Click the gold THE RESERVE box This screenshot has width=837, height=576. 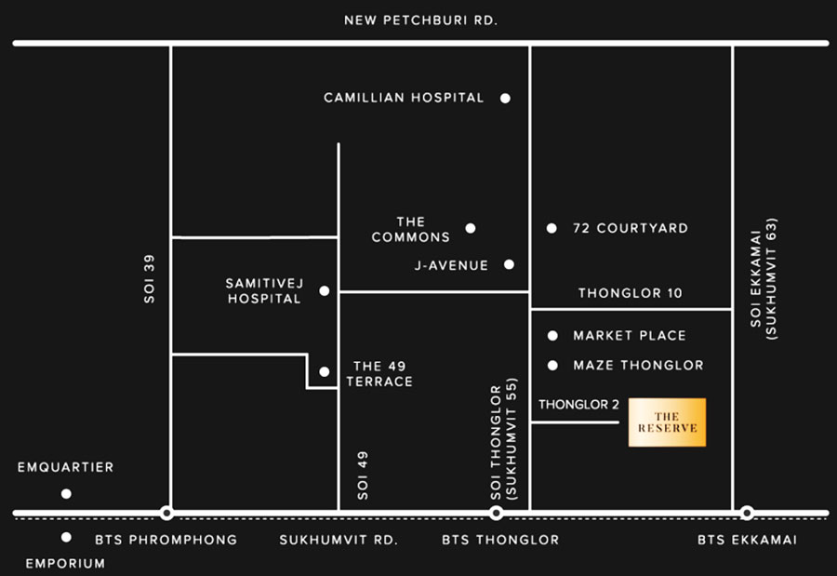[667, 422]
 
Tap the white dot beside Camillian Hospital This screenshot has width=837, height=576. [505, 99]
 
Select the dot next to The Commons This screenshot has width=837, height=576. [471, 229]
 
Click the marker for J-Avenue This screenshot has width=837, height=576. [509, 264]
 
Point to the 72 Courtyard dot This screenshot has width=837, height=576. [551, 229]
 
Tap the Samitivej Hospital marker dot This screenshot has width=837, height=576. [324, 291]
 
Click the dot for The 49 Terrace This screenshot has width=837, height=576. [324, 372]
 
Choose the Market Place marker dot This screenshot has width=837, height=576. [552, 336]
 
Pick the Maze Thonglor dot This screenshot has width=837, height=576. [552, 366]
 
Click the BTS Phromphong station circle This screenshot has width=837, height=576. [166, 514]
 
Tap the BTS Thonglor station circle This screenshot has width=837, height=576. [496, 514]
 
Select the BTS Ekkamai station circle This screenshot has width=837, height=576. [747, 514]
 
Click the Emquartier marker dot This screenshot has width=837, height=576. [66, 494]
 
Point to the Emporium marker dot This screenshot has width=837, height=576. [66, 537]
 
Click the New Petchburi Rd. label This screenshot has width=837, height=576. [420, 20]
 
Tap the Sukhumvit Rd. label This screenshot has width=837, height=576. [339, 541]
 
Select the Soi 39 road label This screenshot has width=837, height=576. [150, 279]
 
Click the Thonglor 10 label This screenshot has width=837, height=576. [631, 293]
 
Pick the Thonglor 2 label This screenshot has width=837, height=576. [578, 405]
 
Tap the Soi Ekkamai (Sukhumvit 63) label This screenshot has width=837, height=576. [764, 278]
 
